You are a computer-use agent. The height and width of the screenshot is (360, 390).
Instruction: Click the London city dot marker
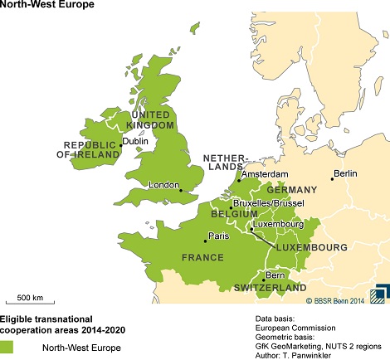[x=181, y=191]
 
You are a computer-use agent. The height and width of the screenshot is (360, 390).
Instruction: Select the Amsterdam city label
[x=264, y=174]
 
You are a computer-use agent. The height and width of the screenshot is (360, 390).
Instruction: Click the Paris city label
[x=218, y=236]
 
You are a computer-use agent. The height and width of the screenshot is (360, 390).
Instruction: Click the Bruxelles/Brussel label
[x=268, y=202]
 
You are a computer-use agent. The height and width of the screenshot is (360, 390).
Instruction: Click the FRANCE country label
[x=203, y=258]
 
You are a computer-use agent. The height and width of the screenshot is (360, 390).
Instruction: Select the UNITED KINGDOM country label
[x=150, y=119]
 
